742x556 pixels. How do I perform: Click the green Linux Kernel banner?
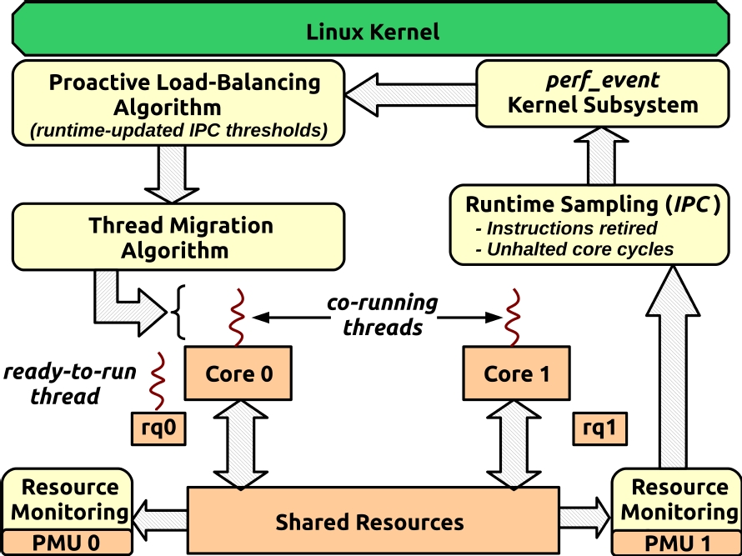click(372, 33)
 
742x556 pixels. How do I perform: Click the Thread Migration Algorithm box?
click(178, 238)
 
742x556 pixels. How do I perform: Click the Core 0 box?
click(239, 373)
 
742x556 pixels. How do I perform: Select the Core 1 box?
click(517, 373)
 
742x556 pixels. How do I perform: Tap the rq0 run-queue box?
click(157, 428)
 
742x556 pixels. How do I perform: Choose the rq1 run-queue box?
click(599, 428)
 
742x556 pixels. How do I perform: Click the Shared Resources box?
click(370, 521)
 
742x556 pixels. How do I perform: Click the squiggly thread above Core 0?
click(236, 317)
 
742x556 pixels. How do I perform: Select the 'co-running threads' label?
click(383, 314)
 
